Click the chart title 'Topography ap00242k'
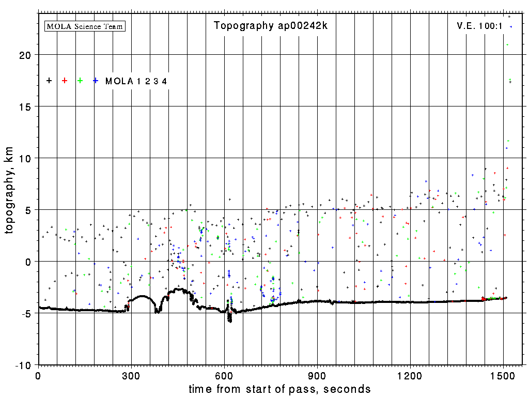tap(271, 26)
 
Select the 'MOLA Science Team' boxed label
tap(85, 26)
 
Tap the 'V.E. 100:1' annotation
tap(479, 26)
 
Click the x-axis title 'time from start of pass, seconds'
tap(279, 389)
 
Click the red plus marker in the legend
tap(65, 81)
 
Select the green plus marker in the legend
tap(80, 81)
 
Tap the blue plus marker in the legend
tap(96, 81)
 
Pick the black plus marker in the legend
tap(49, 81)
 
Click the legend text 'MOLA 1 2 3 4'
tap(136, 81)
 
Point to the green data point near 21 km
tap(507, 45)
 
